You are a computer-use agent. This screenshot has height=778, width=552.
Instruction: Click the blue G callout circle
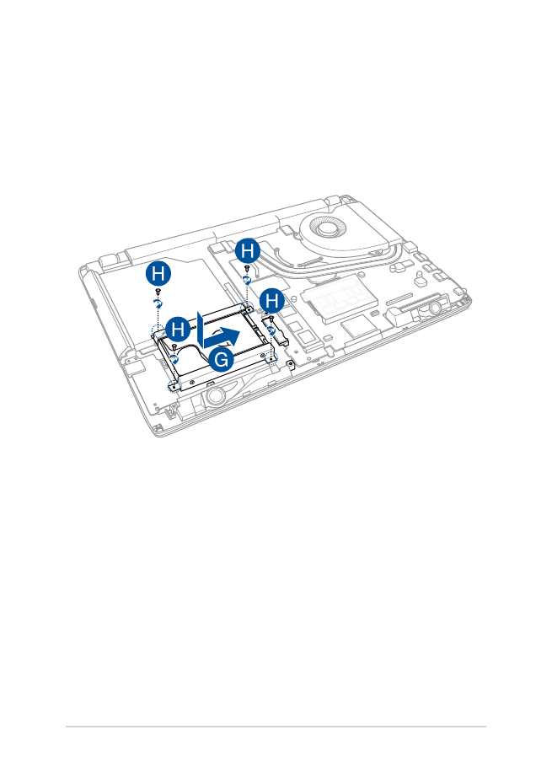[x=221, y=359]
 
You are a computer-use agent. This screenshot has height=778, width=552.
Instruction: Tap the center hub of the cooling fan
[x=327, y=228]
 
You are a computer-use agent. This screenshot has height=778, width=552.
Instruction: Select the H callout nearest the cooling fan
[x=247, y=251]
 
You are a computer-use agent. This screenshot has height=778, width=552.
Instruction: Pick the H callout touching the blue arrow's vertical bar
[x=178, y=328]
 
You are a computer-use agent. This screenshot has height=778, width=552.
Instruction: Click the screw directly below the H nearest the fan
[x=247, y=268]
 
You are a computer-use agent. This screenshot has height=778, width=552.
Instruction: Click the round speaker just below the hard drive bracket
[x=215, y=395]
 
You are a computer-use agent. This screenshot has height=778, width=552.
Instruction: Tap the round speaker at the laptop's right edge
[x=435, y=309]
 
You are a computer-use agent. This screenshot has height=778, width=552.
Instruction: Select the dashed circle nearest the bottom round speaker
[x=173, y=385]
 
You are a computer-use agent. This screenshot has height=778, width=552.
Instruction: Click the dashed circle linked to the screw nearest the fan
[x=247, y=309]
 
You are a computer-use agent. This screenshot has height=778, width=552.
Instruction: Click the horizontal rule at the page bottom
[x=276, y=727]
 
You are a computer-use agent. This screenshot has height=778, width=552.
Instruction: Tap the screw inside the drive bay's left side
[x=174, y=346]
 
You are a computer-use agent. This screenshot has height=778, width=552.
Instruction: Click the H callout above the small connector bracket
[x=272, y=300]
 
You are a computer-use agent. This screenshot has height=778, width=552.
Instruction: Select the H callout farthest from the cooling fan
[x=158, y=274]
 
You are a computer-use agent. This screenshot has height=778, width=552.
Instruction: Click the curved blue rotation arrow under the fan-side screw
[x=247, y=281]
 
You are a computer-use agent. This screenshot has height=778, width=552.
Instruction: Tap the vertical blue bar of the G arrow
[x=200, y=330]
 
